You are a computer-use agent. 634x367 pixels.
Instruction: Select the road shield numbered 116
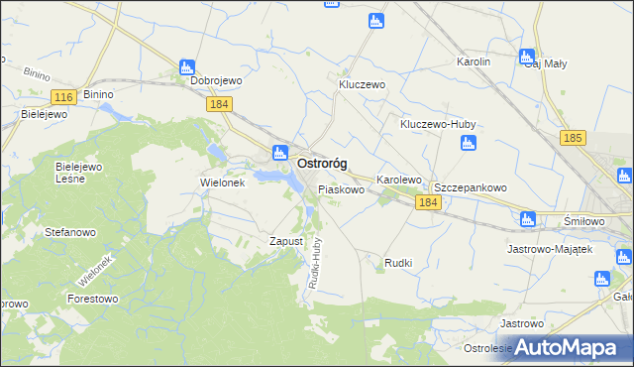[63, 96]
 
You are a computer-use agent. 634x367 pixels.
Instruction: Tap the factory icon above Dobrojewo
[186, 66]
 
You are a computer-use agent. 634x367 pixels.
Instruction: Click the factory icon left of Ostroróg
[279, 153]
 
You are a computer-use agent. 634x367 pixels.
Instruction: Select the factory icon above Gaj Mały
[527, 57]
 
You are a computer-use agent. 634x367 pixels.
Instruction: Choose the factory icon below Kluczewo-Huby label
[469, 144]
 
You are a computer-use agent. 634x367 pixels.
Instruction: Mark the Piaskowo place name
[341, 188]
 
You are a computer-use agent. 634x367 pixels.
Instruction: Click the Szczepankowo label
[471, 186]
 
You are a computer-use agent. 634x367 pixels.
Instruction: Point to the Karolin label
[474, 61]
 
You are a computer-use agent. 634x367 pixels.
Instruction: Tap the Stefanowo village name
[70, 232]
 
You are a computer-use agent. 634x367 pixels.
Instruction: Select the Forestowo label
[92, 297]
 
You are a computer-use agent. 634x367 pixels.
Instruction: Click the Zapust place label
[285, 241]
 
